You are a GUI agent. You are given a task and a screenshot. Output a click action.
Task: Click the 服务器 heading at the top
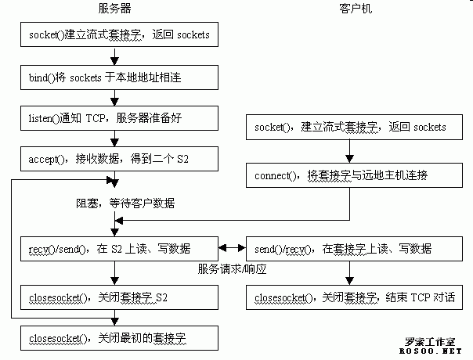pos(114,9)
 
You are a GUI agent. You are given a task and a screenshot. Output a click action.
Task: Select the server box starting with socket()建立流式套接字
pos(116,34)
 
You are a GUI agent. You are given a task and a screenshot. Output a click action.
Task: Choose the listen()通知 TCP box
pos(116,118)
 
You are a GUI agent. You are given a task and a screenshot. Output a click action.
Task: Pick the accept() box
pos(116,158)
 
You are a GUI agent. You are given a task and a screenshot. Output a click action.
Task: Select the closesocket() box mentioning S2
pos(116,297)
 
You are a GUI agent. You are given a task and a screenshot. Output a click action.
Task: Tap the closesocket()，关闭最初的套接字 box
pos(116,337)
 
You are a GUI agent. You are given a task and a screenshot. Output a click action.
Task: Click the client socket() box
pos(350,126)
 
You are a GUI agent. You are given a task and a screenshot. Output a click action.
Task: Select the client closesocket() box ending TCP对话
pos(350,297)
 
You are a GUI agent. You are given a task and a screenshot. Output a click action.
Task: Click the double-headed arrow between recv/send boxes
pos(233,249)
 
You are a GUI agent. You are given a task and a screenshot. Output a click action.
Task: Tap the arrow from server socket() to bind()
pos(116,56)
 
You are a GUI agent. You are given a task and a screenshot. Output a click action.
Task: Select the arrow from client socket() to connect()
pos(350,150)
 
